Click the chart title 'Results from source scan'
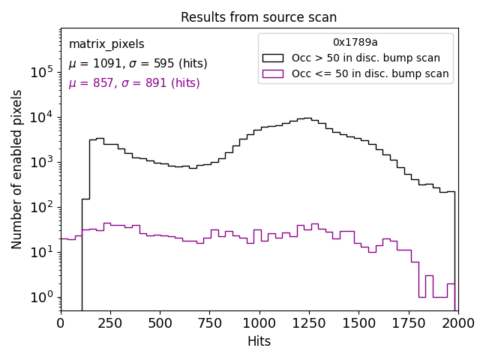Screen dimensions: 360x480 coord(259,17)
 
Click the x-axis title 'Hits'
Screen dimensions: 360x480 coord(259,341)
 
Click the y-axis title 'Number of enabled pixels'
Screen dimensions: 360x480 coord(17,169)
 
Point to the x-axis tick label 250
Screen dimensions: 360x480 coord(110,322)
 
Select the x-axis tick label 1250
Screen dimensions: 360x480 coord(308,322)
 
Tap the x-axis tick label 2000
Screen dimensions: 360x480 coord(457,322)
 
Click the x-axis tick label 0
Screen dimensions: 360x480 coord(61,322)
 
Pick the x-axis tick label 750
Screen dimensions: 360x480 coord(209,322)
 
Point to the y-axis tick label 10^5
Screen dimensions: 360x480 coord(41,72)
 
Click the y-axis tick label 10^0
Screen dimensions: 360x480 coord(41,297)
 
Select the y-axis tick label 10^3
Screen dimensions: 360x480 coord(41,162)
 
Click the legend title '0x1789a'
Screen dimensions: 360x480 coord(355,43)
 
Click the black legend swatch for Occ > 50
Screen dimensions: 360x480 coord(273,58)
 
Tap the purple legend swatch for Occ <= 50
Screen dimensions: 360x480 coord(273,73)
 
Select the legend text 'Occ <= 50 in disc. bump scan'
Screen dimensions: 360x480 coord(370,73)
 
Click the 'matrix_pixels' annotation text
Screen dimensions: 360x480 coord(106,44)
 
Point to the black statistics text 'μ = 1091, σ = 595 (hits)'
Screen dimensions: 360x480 coord(138,64)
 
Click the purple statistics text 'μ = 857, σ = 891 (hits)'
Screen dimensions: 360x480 coord(134,83)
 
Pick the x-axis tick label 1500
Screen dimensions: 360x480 coord(358,322)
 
